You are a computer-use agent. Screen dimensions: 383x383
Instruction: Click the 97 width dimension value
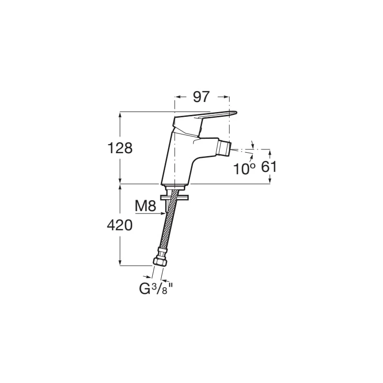(x=201, y=97)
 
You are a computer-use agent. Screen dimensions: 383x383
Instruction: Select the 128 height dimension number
(x=120, y=148)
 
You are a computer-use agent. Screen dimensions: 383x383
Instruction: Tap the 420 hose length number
(x=120, y=225)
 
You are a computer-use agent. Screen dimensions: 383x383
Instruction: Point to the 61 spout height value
(x=269, y=167)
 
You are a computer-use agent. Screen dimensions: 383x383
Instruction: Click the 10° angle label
(x=245, y=169)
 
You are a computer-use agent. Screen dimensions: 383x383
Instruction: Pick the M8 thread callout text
(x=146, y=206)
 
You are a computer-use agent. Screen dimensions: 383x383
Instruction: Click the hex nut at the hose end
(x=160, y=262)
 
